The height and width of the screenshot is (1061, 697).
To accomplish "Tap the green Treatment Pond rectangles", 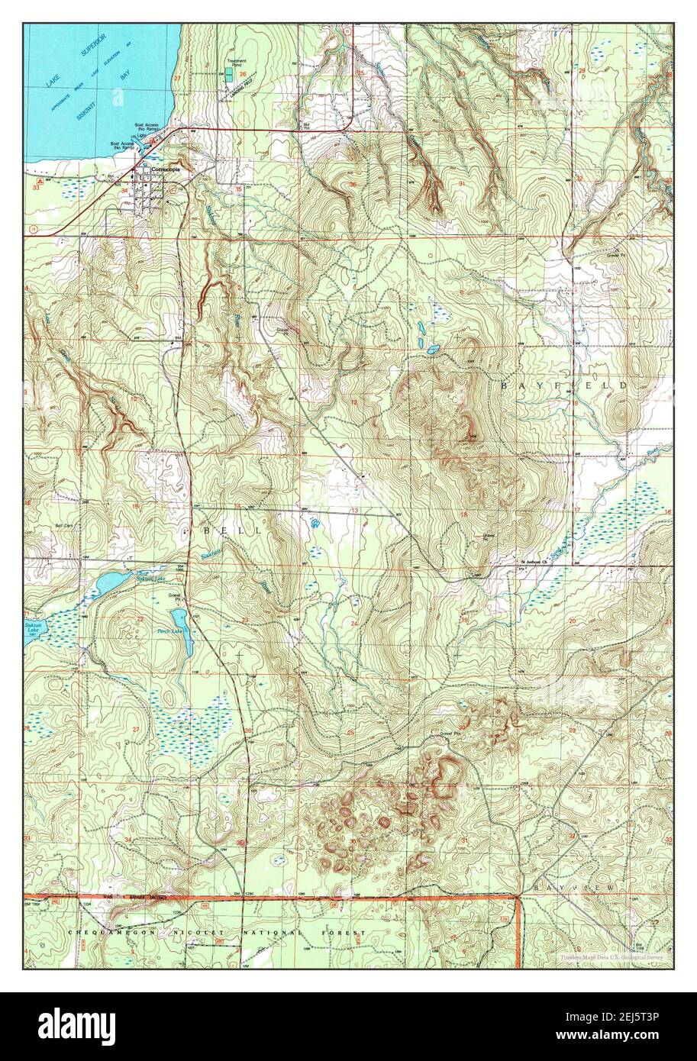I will [x=228, y=77].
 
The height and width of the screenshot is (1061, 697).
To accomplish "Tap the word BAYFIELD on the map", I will [x=564, y=386].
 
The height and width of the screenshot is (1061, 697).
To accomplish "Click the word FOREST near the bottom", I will [x=344, y=933].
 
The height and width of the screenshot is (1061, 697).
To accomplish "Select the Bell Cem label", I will [x=63, y=526].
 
